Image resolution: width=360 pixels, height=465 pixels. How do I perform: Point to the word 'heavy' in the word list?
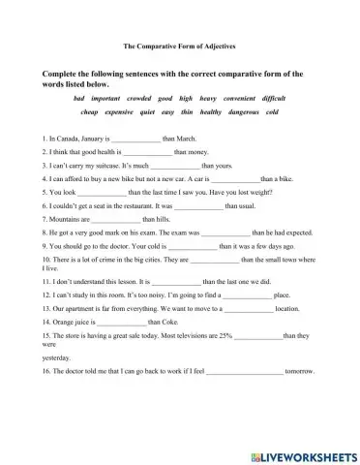tap(208, 98)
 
